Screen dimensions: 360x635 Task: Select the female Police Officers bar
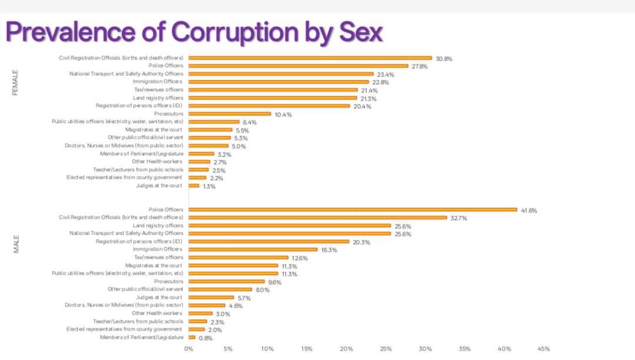[298, 66]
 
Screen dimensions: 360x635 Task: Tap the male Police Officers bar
[353, 209]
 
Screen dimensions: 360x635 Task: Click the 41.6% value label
[529, 210]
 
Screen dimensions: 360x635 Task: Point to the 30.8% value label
[444, 59]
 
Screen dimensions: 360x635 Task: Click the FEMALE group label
[16, 83]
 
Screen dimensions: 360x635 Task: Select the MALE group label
[16, 244]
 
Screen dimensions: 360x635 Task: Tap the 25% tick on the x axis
[386, 349]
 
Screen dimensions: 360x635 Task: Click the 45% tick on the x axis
[543, 349]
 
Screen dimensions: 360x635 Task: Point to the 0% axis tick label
[189, 349]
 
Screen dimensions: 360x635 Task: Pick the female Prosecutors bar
[230, 114]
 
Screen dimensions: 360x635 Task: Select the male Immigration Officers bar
[253, 249]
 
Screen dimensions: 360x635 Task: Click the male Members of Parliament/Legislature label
[141, 337]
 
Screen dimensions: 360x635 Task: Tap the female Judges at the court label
[159, 186]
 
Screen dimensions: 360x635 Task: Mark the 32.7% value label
[459, 218]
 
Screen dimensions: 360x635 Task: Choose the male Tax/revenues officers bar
[239, 258]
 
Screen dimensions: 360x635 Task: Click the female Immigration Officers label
[158, 82]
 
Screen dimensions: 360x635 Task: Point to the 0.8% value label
[206, 338]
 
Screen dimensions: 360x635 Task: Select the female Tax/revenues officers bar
[273, 90]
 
